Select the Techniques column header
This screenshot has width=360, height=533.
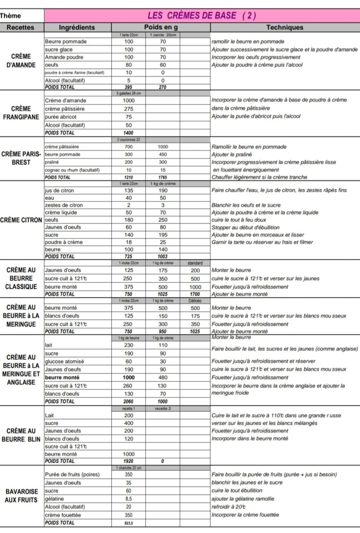pyautogui.click(x=284, y=28)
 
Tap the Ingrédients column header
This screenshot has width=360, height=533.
pyautogui.click(x=77, y=28)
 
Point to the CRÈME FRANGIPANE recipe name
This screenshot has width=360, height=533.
pyautogui.click(x=22, y=113)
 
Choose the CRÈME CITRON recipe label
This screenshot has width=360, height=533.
pyautogui.click(x=22, y=220)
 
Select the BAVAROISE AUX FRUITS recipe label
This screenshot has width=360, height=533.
pyautogui.click(x=21, y=495)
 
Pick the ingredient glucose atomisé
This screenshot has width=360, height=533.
pyautogui.click(x=64, y=361)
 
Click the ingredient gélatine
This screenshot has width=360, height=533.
pyautogui.click(x=55, y=499)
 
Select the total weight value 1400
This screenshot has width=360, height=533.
pyautogui.click(x=128, y=133)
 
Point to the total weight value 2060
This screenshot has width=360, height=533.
pyautogui.click(x=128, y=401)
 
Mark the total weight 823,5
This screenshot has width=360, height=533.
pyautogui.click(x=128, y=523)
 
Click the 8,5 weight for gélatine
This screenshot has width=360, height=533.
pyautogui.click(x=128, y=499)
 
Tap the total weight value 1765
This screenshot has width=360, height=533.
pyautogui.click(x=162, y=177)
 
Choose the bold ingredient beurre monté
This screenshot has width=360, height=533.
pyautogui.click(x=62, y=377)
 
